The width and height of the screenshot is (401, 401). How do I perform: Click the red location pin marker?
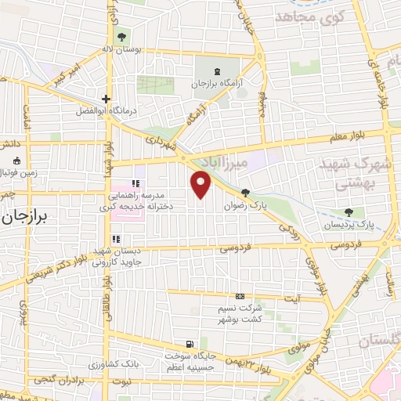[201, 184]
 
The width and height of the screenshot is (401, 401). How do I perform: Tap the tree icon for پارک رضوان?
[246, 193]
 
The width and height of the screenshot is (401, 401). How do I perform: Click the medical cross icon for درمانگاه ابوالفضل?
[106, 99]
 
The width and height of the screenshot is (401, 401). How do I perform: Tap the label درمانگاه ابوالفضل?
[105, 111]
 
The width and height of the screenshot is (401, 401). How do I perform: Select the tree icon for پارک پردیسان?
[349, 212]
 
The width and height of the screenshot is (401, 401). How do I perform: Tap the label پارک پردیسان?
[349, 225]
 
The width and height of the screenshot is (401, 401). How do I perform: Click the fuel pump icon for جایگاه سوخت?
[190, 344]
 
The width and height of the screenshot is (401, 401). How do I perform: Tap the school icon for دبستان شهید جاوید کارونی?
[116, 239]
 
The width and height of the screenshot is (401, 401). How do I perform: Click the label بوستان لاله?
[124, 49]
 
